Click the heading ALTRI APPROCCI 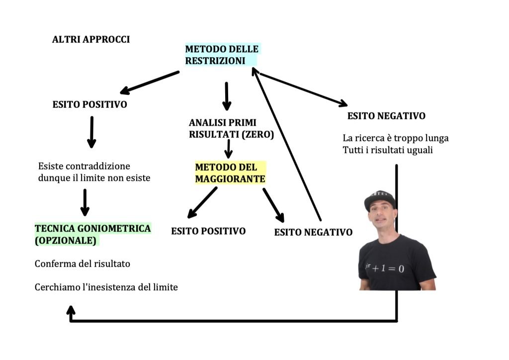pyautogui.click(x=91, y=39)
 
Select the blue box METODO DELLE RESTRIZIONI pyautogui.click(x=221, y=55)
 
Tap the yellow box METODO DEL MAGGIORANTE pyautogui.click(x=230, y=173)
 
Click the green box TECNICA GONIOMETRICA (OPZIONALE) pyautogui.click(x=92, y=234)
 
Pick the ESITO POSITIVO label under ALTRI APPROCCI pyautogui.click(x=89, y=105)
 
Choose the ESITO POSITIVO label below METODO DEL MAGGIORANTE pyautogui.click(x=208, y=231)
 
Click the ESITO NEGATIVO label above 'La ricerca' pyautogui.click(x=386, y=116)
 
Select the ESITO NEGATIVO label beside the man pyautogui.click(x=313, y=232)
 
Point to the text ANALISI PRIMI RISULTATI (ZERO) pyautogui.click(x=231, y=128)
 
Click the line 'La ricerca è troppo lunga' pyautogui.click(x=395, y=138)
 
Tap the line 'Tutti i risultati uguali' pyautogui.click(x=387, y=150)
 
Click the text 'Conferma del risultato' pyautogui.click(x=82, y=264)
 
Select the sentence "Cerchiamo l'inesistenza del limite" pyautogui.click(x=106, y=287)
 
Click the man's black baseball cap pyautogui.click(x=380, y=200)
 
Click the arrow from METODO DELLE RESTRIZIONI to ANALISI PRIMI pyautogui.click(x=227, y=96)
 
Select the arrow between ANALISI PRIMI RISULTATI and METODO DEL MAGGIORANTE pyautogui.click(x=228, y=149)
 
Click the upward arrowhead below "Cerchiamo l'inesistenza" pyautogui.click(x=71, y=310)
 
